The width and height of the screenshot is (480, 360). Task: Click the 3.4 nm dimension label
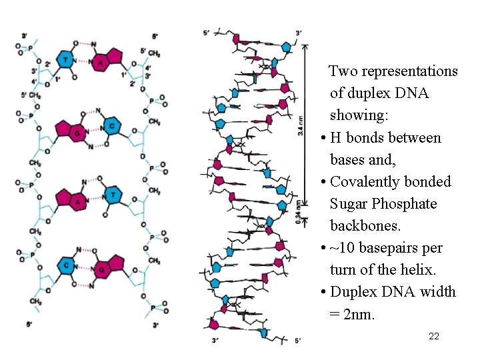pos(300,123)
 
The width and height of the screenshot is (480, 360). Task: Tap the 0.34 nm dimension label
pos(300,215)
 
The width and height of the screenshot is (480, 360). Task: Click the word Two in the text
pos(345,71)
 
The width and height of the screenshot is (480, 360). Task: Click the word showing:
pos(359,115)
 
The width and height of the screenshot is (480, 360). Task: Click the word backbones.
pos(365,226)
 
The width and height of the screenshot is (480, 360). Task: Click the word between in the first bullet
pos(415,138)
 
